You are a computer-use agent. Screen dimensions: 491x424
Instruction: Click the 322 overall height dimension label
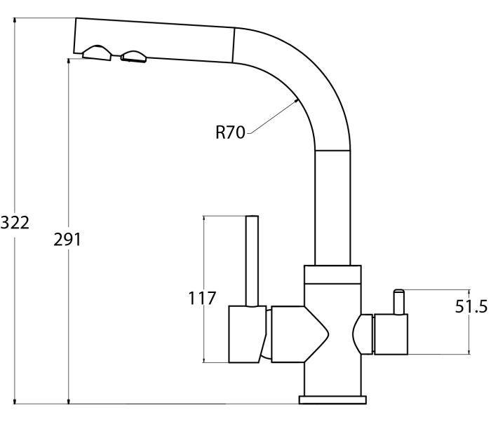click(x=15, y=223)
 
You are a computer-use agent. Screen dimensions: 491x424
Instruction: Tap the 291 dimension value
click(x=67, y=240)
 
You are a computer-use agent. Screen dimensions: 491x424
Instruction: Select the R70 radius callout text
click(x=230, y=132)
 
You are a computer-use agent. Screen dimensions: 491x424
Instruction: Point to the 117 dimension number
click(x=202, y=299)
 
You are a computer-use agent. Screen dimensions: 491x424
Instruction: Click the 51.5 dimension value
click(x=471, y=306)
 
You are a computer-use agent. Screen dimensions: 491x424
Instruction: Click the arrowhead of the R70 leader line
click(x=295, y=101)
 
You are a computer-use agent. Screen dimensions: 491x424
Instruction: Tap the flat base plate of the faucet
click(x=332, y=400)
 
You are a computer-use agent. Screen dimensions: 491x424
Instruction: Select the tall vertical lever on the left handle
click(x=252, y=261)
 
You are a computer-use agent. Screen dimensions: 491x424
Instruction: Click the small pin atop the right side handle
click(x=399, y=301)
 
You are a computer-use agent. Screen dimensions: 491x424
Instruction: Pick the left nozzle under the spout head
click(x=97, y=53)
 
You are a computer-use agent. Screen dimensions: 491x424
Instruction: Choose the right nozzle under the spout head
click(x=134, y=57)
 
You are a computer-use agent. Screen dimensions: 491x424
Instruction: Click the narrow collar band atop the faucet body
click(x=332, y=275)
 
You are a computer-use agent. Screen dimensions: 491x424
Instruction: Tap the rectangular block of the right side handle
click(x=391, y=334)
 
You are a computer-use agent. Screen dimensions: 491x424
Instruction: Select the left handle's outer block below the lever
click(x=247, y=334)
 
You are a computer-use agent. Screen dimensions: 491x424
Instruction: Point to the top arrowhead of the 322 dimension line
click(x=15, y=21)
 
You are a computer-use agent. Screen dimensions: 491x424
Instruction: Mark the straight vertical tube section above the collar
click(x=332, y=208)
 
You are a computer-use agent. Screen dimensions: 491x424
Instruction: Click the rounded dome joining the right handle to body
click(x=363, y=334)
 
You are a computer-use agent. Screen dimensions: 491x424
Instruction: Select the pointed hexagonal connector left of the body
click(x=300, y=334)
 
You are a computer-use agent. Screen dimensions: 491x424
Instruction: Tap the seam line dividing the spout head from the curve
click(x=234, y=45)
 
